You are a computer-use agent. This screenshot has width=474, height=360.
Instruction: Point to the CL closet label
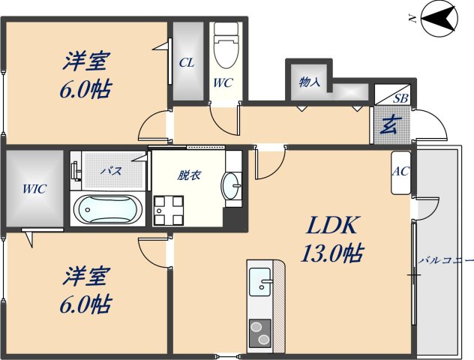click(187, 63)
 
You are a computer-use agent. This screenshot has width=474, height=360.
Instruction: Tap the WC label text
click(223, 84)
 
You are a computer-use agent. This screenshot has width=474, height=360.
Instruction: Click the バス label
click(112, 171)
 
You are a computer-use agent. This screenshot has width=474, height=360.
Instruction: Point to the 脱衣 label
click(188, 176)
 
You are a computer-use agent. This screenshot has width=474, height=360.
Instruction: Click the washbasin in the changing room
click(232, 185)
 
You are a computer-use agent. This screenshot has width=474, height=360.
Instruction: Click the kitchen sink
click(262, 282)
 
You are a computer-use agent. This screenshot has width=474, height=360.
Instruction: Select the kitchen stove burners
click(261, 331)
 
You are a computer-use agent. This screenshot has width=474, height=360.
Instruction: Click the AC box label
click(400, 171)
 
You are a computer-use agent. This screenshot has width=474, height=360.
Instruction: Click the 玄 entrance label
click(388, 124)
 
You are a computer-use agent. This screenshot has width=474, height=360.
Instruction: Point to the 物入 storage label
click(310, 82)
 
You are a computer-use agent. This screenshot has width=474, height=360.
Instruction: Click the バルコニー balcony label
click(445, 261)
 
